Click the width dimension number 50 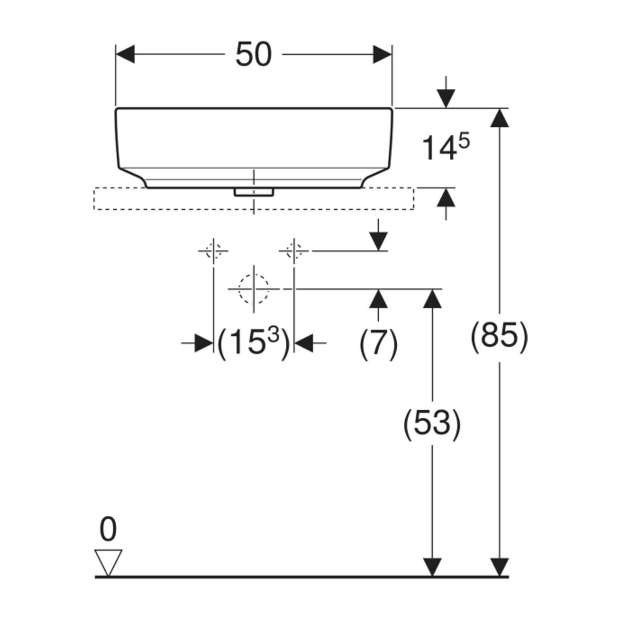coord(254,55)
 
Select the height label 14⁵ coord(446,147)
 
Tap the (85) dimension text coord(499,336)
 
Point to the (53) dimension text coord(432,423)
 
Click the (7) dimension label coord(378,343)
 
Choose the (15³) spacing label coord(254,343)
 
